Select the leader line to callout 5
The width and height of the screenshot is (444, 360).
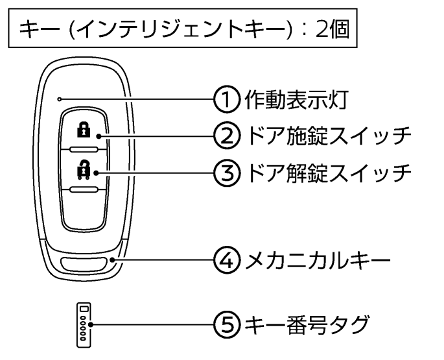coord(156,323)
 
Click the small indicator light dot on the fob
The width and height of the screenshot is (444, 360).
coord(59,99)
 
